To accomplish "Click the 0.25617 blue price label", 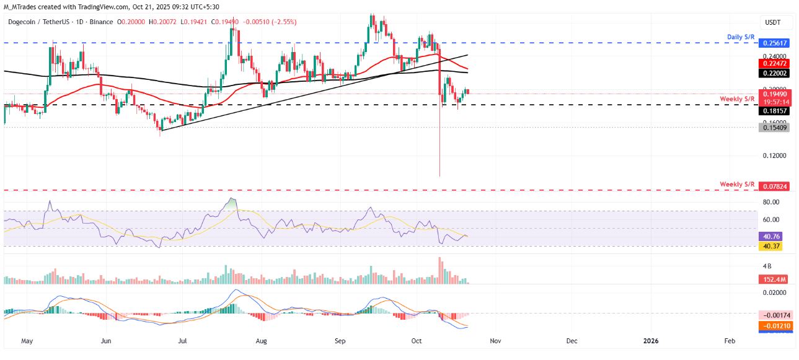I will (x=774, y=43).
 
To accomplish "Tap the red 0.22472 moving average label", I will (x=774, y=64).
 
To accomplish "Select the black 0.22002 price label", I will (x=774, y=72).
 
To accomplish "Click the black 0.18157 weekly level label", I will (x=774, y=110).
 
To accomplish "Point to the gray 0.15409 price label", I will (x=774, y=127).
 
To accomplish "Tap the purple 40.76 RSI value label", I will (x=772, y=236).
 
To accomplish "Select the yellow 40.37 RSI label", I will (x=772, y=246).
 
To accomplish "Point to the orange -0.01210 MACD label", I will (x=774, y=325).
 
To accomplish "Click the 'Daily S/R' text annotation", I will (x=741, y=38).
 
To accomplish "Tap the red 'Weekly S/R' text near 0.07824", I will (x=737, y=185).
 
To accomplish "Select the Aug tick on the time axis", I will (x=261, y=341).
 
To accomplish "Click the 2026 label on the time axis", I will (x=651, y=341).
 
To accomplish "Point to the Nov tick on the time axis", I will (x=494, y=341).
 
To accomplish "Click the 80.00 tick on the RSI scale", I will (x=770, y=202).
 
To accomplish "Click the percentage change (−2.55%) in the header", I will (x=282, y=22).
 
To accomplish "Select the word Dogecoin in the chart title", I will (x=25, y=22).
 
